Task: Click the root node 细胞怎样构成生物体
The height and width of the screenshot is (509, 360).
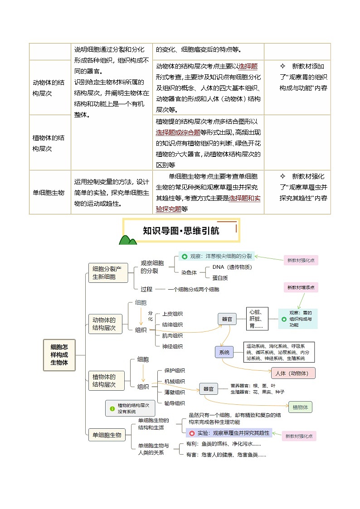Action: [59, 355]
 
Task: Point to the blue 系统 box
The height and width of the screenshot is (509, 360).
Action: [224, 352]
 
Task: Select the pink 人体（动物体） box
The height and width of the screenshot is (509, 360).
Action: [292, 373]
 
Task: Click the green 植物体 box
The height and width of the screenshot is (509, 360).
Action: [300, 407]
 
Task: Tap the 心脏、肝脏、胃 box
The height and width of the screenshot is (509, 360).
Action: [258, 319]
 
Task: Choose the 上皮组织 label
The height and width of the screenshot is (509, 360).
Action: [172, 314]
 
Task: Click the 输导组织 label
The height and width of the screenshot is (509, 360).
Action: [174, 403]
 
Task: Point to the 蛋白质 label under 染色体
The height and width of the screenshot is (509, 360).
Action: [220, 278]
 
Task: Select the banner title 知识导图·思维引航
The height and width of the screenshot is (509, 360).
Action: [181, 231]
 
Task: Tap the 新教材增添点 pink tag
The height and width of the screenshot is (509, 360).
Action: [301, 287]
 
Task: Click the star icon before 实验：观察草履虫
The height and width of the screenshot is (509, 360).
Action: [192, 433]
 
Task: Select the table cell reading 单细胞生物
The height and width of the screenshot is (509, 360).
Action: [49, 192]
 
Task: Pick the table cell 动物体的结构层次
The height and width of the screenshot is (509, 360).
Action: [49, 87]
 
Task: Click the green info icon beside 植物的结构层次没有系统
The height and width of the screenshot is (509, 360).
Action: [112, 408]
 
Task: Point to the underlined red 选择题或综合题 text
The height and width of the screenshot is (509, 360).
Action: [178, 132]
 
